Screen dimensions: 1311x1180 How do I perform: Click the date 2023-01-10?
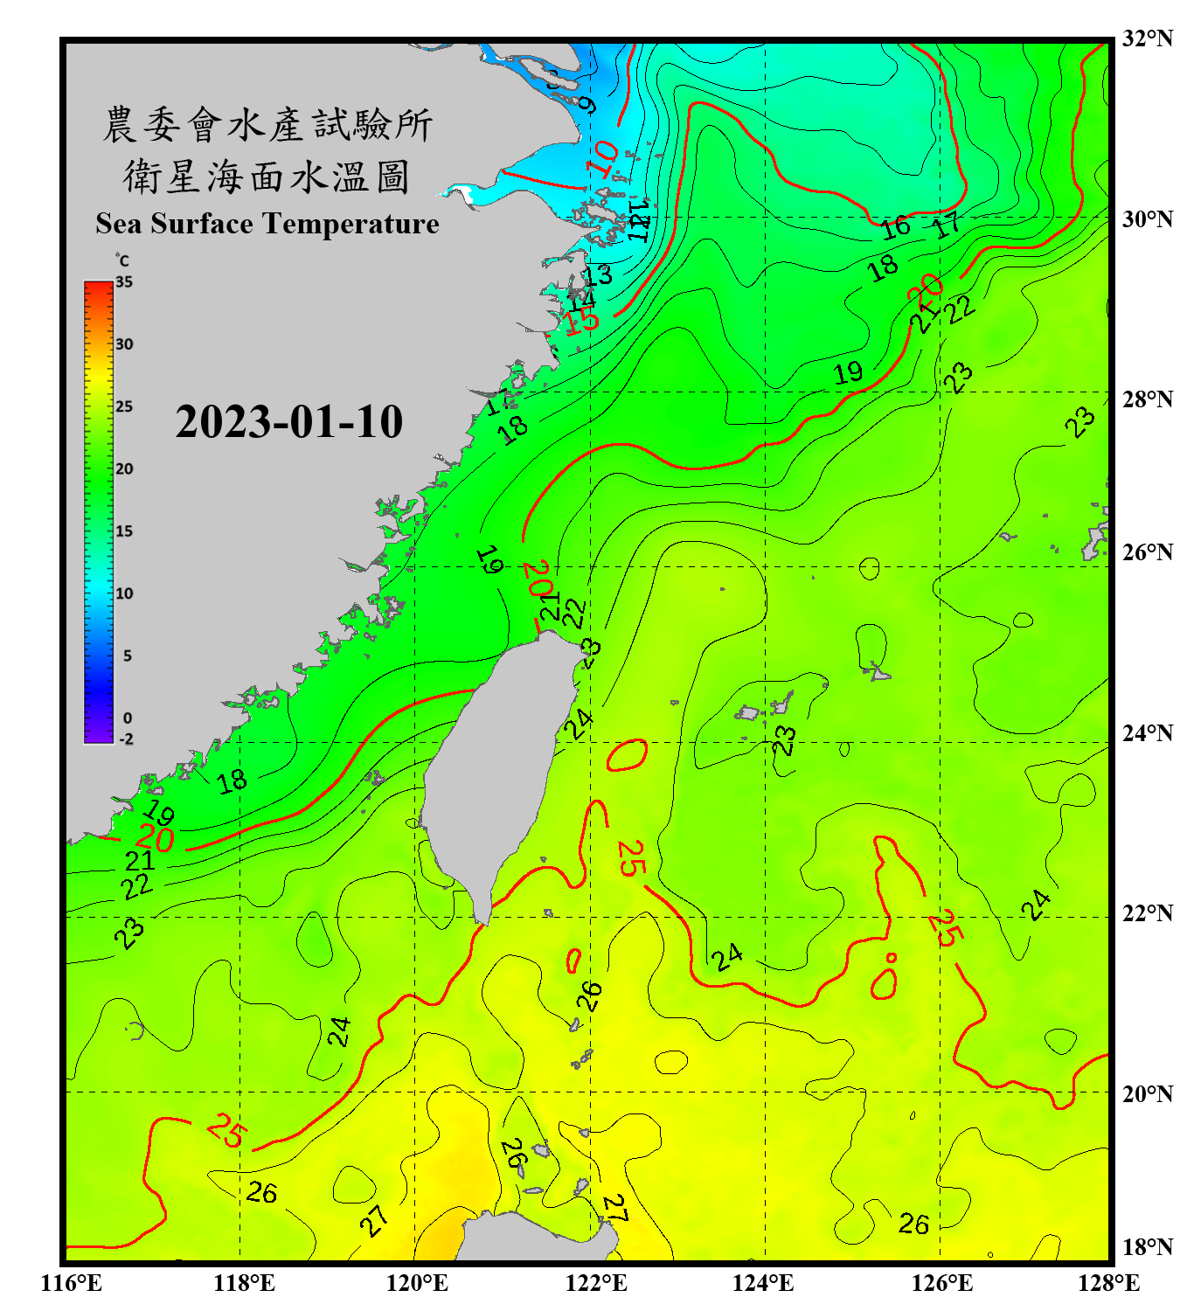pyautogui.click(x=288, y=422)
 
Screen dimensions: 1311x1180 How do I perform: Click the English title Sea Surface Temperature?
pyautogui.click(x=267, y=224)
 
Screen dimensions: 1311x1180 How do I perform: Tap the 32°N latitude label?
pyautogui.click(x=1147, y=38)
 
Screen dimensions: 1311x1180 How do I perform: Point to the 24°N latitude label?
pyautogui.click(x=1147, y=732)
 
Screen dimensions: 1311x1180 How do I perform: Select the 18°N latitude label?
pyautogui.click(x=1147, y=1247)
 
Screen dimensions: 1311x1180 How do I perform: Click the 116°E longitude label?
pyautogui.click(x=72, y=1283)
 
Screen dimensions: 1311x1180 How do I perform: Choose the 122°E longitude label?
pyautogui.click(x=597, y=1283)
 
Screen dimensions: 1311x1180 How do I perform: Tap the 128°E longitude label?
pyautogui.click(x=1108, y=1283)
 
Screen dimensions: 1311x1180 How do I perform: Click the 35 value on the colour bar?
pyautogui.click(x=124, y=282)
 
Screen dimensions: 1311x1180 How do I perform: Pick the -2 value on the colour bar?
pyautogui.click(x=126, y=739)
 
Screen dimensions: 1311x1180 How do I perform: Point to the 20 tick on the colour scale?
pyautogui.click(x=124, y=469)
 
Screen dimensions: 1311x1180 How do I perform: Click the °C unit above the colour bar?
pyautogui.click(x=122, y=260)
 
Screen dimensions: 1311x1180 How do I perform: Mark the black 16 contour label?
pyautogui.click(x=895, y=228)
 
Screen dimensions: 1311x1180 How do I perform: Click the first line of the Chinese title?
pyautogui.click(x=267, y=125)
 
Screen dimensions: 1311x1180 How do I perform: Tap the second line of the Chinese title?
pyautogui.click(x=267, y=177)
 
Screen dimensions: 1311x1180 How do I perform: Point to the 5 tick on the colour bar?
pyautogui.click(x=127, y=656)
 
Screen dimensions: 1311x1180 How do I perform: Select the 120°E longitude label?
pyautogui.click(x=417, y=1283)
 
